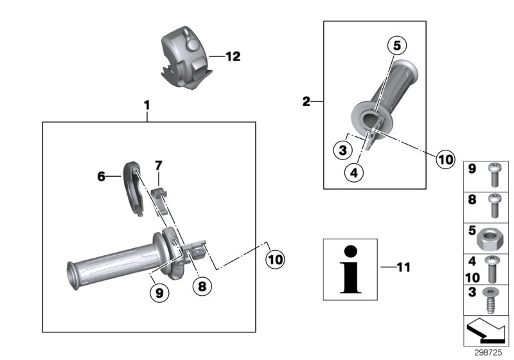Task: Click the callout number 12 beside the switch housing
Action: point(233,57)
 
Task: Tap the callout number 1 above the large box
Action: point(146,104)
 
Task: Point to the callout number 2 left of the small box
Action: point(306,101)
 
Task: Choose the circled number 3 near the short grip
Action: point(344,150)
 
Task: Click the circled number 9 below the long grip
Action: point(159,292)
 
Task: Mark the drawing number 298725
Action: point(489,353)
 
